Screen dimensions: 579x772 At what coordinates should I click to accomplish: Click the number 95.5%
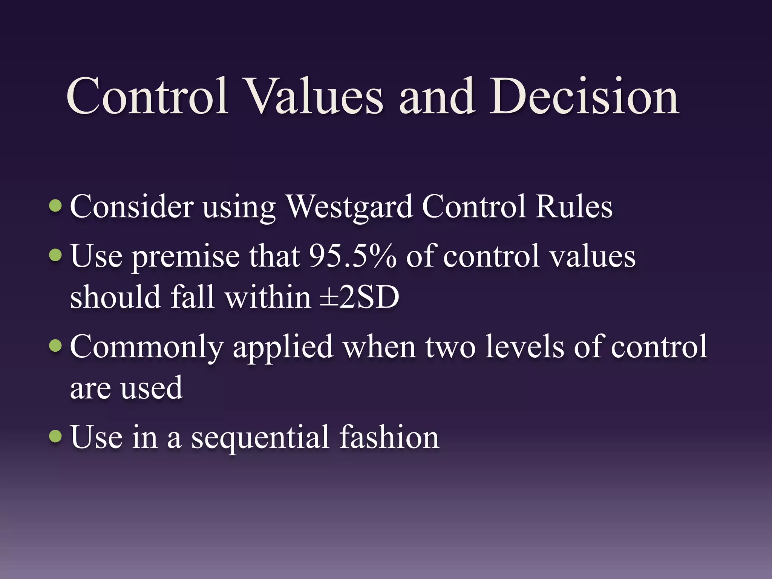click(352, 256)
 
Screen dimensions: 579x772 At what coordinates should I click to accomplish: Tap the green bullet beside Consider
click(56, 206)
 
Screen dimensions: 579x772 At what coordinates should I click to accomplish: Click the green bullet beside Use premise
click(56, 255)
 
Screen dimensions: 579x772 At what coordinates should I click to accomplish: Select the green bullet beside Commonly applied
click(56, 345)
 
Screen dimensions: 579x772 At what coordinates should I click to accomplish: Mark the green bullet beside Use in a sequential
click(56, 436)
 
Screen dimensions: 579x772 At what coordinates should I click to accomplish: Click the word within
click(268, 297)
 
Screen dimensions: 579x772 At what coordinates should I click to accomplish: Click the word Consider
click(132, 207)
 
